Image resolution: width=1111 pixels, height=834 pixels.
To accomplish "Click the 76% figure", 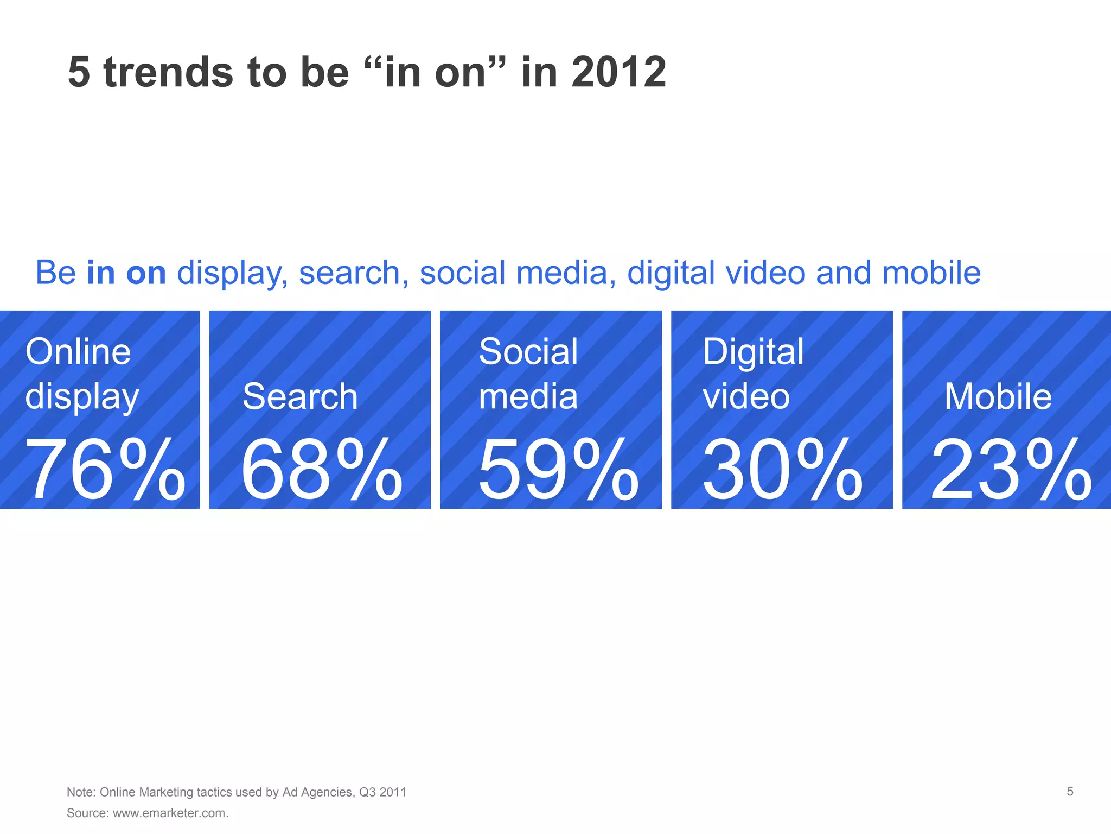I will (105, 470).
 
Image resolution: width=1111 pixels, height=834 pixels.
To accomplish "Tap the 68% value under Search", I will (322, 470).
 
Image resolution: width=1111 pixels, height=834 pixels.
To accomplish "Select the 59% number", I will (558, 470).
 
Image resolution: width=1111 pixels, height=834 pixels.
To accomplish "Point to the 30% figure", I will (782, 470).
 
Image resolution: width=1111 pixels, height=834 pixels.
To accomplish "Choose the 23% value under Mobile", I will (1011, 470).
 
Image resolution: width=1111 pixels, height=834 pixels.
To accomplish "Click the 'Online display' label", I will (81, 375).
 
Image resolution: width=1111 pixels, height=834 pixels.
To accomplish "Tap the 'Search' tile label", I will (300, 396).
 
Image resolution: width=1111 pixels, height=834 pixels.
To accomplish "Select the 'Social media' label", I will (528, 375).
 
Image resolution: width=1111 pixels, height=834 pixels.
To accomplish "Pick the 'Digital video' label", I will (752, 375).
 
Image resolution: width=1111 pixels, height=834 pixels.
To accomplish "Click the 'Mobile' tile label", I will (998, 396).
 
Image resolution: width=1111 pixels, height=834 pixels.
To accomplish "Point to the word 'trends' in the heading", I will (168, 72).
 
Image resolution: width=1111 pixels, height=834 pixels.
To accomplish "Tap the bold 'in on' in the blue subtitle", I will (126, 273).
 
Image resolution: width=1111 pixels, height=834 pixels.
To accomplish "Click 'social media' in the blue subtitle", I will (514, 273).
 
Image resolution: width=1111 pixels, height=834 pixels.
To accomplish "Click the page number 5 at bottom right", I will (1070, 792).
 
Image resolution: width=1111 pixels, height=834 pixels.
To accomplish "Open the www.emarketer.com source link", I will (169, 813).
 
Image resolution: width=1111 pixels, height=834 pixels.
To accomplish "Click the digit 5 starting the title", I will (79, 72).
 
